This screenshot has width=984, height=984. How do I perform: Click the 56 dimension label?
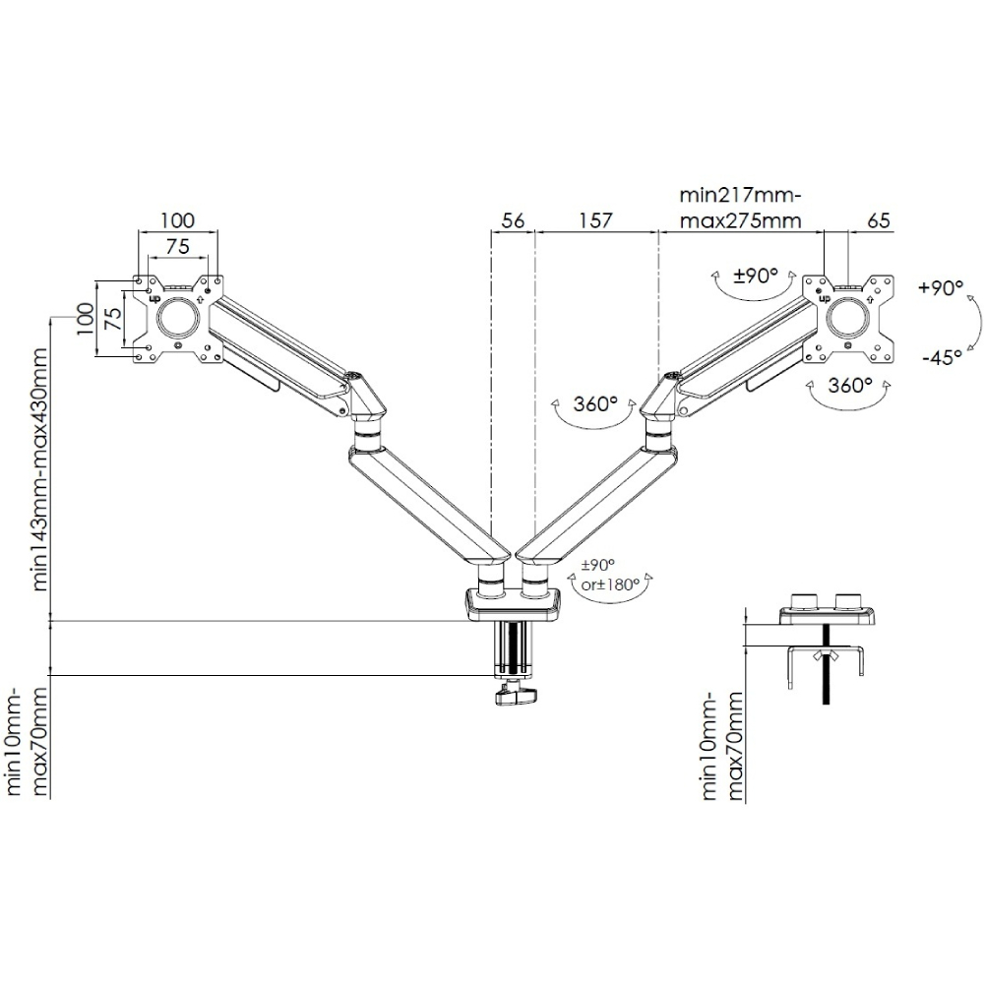point(512,221)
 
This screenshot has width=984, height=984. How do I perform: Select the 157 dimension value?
point(594,221)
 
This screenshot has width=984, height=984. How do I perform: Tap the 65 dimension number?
point(880,221)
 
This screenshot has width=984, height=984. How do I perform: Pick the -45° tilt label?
point(942,358)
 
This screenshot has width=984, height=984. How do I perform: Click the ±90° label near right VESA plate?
point(756,276)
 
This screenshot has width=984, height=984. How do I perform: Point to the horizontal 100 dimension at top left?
point(178,220)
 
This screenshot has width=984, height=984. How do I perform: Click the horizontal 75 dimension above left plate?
point(178,246)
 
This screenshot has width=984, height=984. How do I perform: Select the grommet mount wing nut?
point(825,656)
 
